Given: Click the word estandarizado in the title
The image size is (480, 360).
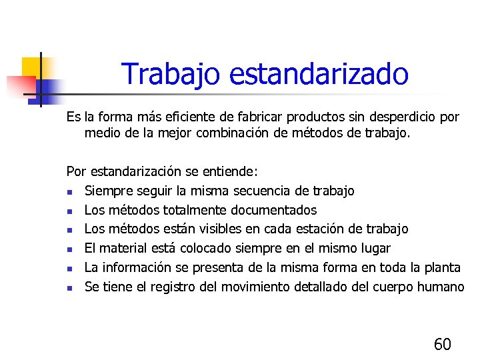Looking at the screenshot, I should [318, 74].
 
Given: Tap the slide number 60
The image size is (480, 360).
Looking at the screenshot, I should [442, 344].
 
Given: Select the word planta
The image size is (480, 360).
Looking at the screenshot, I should [441, 268].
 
